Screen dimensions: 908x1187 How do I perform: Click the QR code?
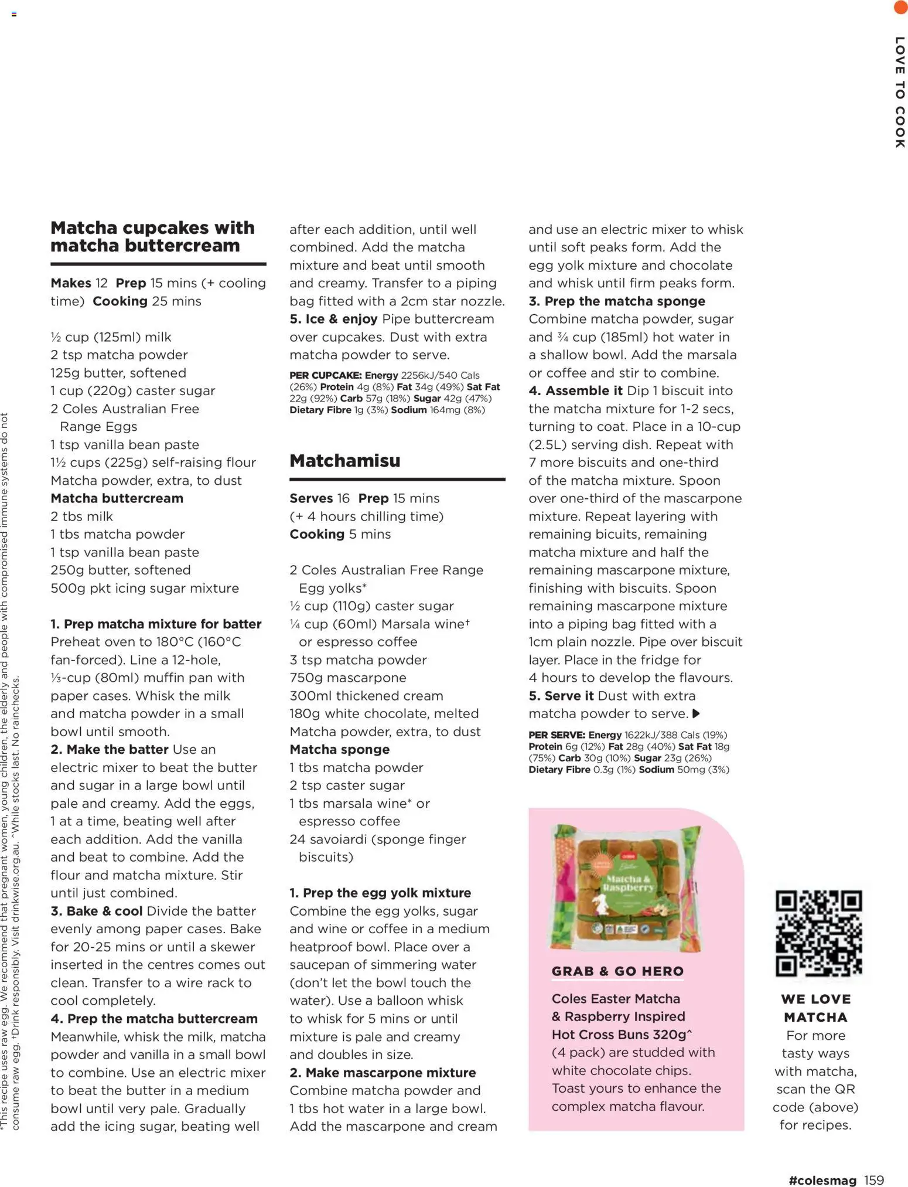(x=818, y=934)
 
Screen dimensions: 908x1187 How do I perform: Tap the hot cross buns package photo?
(x=625, y=888)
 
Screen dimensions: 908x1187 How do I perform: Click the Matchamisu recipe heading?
(x=345, y=461)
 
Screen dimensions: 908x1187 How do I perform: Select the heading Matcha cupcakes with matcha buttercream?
(x=152, y=236)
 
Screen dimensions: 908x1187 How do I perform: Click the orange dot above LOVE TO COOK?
(x=900, y=7)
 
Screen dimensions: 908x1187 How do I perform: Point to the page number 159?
(x=873, y=1180)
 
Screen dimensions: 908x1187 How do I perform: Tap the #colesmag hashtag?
(x=822, y=1180)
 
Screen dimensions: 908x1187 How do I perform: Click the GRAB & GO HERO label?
(x=617, y=971)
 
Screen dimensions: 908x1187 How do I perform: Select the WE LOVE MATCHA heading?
(x=815, y=1008)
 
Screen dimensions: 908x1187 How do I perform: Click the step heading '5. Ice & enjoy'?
(x=333, y=319)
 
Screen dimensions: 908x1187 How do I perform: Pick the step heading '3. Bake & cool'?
(x=97, y=911)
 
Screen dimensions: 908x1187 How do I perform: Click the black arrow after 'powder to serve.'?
(x=696, y=713)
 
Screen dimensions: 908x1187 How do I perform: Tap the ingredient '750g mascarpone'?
(x=348, y=678)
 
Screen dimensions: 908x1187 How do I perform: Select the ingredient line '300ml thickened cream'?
(x=366, y=696)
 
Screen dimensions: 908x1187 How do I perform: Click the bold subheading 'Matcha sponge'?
(x=340, y=749)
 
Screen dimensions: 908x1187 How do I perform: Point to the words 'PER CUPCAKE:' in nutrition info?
(x=325, y=375)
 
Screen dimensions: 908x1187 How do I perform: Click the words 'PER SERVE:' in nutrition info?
(x=557, y=735)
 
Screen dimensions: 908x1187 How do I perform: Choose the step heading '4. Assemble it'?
(x=575, y=391)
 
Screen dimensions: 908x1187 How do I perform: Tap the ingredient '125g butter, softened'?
(x=118, y=373)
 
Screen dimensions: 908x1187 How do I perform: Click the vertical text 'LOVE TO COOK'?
(x=900, y=92)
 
